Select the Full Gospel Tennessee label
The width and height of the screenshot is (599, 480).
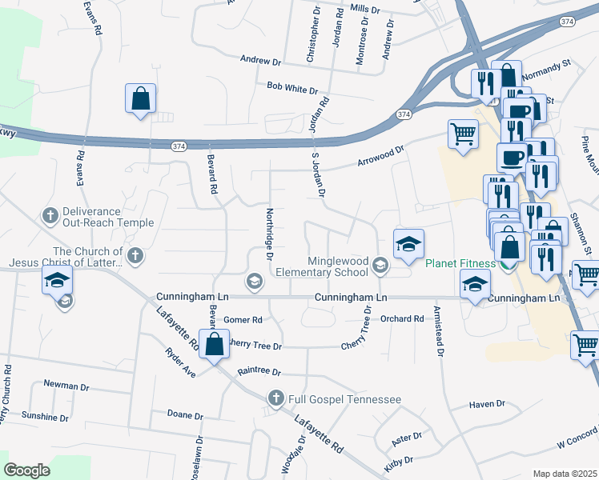click(345, 398)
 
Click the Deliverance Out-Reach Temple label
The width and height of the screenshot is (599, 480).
click(91, 217)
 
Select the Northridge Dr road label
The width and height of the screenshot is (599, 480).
click(270, 234)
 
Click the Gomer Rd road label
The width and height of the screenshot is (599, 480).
click(243, 320)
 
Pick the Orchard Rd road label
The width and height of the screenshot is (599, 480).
click(402, 318)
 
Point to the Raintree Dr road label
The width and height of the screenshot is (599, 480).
click(259, 372)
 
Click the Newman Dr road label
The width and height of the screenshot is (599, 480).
click(66, 386)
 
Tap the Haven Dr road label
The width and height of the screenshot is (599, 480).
click(487, 404)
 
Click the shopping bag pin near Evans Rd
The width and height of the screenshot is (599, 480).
click(141, 99)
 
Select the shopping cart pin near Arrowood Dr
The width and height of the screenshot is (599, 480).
click(463, 134)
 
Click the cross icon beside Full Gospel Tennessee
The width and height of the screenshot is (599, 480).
click(276, 398)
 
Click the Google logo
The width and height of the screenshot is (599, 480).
click(27, 470)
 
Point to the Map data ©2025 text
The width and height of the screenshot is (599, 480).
click(565, 474)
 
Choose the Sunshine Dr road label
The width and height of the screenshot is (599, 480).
click(45, 417)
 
